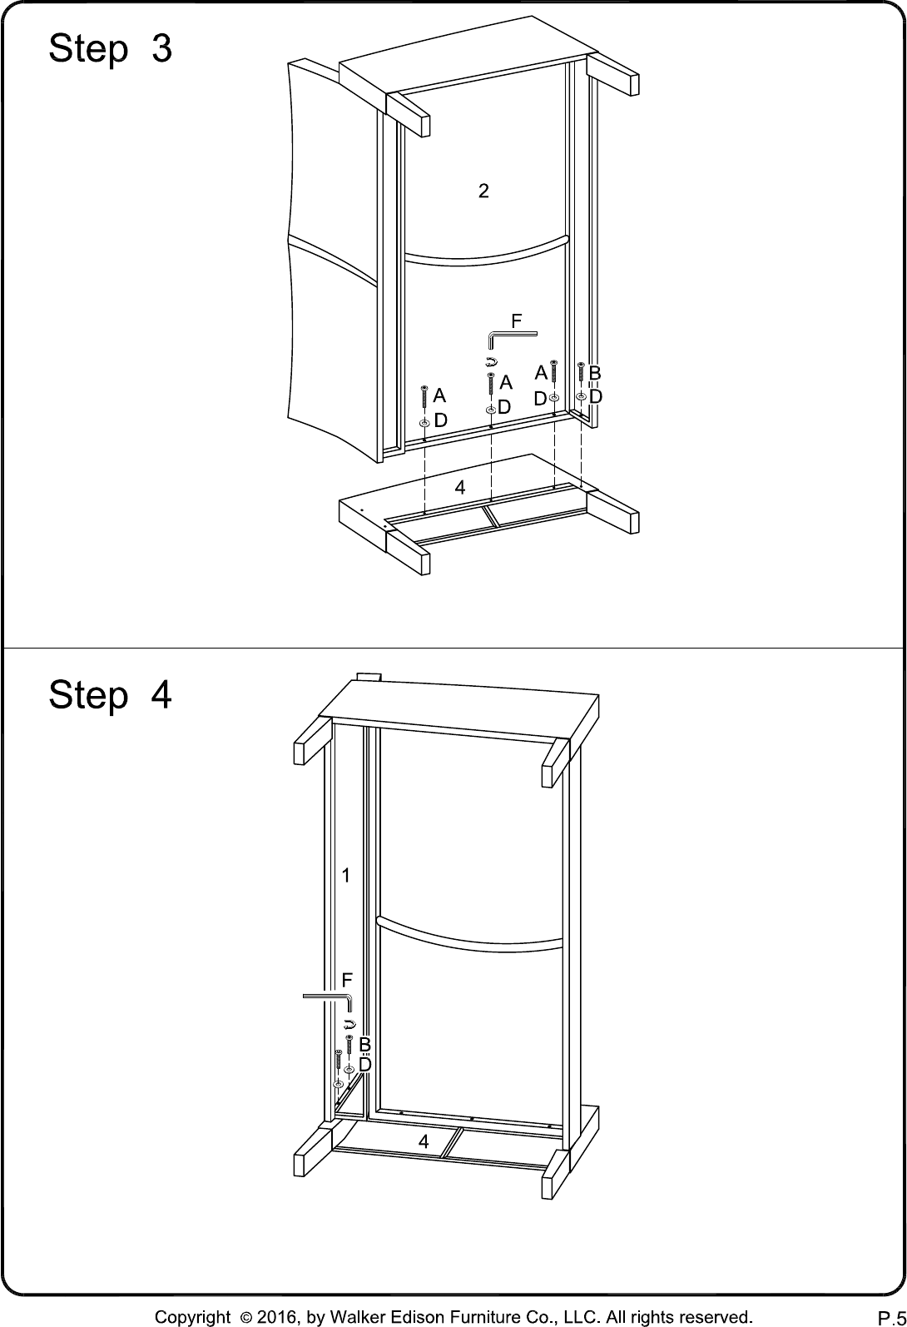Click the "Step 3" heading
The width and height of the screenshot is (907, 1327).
(110, 48)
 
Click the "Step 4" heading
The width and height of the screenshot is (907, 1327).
(110, 694)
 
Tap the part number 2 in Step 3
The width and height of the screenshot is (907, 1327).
(483, 191)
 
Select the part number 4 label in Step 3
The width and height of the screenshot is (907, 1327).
(459, 487)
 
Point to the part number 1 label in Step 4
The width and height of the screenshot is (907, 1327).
(346, 874)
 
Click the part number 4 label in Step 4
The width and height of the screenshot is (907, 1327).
(424, 1141)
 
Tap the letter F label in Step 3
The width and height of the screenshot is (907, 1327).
(516, 321)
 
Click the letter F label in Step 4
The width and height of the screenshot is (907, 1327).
(347, 980)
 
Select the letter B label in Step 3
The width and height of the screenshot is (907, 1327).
(595, 373)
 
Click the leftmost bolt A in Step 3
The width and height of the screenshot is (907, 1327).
(424, 396)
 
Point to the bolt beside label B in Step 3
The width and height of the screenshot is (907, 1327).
(581, 371)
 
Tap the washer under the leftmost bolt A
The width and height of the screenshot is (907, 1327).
(424, 423)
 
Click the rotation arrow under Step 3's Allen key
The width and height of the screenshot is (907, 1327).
(491, 360)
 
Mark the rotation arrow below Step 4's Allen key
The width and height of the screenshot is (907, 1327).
(349, 1024)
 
